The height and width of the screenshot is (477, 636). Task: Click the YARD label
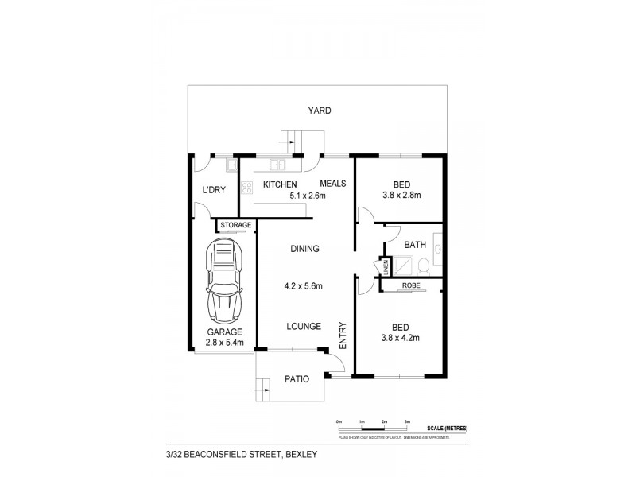click(x=320, y=111)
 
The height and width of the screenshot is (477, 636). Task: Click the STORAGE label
click(x=235, y=225)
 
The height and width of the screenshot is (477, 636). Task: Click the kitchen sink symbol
click(x=278, y=165)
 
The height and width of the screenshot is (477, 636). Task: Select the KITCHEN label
click(x=280, y=184)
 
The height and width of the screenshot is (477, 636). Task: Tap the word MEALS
click(x=333, y=184)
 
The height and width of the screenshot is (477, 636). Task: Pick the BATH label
click(x=415, y=245)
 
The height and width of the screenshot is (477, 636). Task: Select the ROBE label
click(x=410, y=285)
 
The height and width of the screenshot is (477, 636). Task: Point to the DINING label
click(x=304, y=249)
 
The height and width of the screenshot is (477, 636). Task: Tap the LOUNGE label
click(x=304, y=326)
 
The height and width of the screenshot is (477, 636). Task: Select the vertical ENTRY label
click(x=343, y=334)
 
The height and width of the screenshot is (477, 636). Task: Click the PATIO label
click(x=297, y=380)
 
